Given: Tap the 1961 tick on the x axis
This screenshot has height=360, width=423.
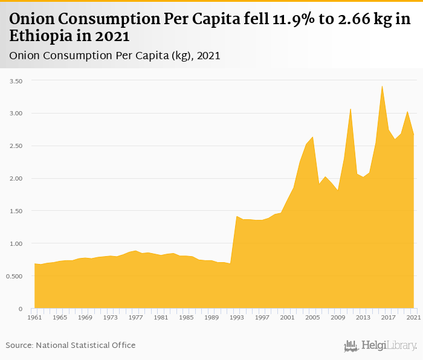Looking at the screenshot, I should [34, 317].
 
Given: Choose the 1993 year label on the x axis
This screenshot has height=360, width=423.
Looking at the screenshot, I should [237, 317].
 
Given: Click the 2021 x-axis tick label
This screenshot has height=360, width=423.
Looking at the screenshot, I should [413, 317].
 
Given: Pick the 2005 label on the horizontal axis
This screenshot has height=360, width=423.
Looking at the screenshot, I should [312, 317].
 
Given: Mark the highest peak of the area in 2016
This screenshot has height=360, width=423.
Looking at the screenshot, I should [382, 86].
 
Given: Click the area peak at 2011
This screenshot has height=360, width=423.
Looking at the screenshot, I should [350, 109].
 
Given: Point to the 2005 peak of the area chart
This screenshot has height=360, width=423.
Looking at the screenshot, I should [312, 137].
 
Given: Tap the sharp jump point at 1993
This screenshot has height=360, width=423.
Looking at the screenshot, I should [237, 216].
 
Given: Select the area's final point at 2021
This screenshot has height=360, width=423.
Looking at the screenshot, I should [413, 135].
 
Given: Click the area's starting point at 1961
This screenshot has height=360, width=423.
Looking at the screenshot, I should [34, 264].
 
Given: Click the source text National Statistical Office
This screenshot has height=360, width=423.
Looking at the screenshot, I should [86, 346].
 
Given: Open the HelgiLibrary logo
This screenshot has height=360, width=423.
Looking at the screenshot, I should [381, 346].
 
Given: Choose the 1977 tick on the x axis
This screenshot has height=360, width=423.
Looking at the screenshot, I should [135, 317].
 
